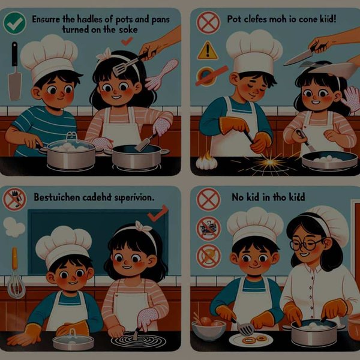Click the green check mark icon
pyautogui.click(x=13, y=23)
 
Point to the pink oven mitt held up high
pyautogui.click(x=163, y=73)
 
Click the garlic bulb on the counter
pyautogui.click(x=206, y=160)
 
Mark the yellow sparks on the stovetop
pyautogui.click(x=272, y=162)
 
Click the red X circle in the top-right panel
pyautogui.click(x=206, y=23)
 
